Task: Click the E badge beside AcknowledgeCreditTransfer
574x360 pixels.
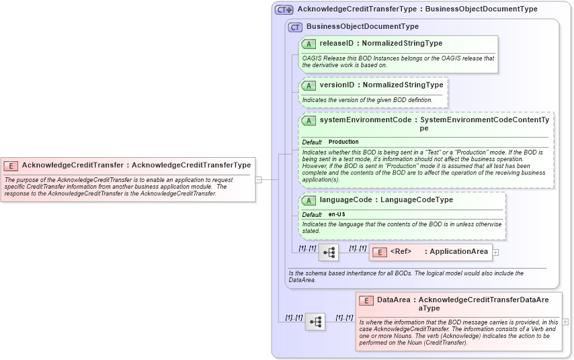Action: coord(11,165)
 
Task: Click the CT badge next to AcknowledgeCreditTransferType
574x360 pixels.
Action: coord(284,9)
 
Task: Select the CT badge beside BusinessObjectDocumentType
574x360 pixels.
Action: coord(294,27)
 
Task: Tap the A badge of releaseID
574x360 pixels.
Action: coord(309,44)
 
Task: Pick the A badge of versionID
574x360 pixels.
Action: coord(309,85)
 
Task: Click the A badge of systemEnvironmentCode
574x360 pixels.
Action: coord(309,120)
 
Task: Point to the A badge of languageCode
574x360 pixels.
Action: coord(309,200)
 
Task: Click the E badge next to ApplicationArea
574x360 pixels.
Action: coord(379,252)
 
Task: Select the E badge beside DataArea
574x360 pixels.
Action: coord(366,300)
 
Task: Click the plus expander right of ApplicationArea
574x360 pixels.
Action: coord(495,252)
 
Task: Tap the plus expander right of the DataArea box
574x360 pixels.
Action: coord(565,322)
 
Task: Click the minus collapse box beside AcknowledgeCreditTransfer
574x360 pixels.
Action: coord(258,179)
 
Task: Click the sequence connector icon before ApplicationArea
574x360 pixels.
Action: coord(329,253)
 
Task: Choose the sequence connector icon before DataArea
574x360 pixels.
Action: coord(315,322)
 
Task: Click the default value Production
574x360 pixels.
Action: coord(343,142)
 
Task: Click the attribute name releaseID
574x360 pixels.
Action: coord(336,44)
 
